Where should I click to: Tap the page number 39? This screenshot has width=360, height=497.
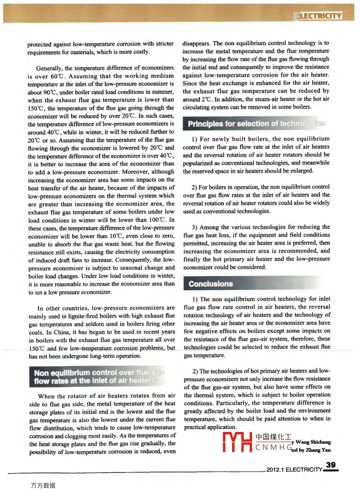click(x=331, y=465)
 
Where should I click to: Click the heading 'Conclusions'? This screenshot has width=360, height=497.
click(x=211, y=284)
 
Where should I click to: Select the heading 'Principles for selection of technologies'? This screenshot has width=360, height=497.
click(x=256, y=123)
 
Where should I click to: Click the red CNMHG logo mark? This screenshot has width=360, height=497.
click(x=237, y=442)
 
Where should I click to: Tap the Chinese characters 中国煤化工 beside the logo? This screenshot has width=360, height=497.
click(x=273, y=437)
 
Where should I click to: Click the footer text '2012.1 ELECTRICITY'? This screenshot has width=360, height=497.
click(x=294, y=469)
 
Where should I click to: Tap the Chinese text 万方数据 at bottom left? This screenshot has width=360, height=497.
click(x=43, y=485)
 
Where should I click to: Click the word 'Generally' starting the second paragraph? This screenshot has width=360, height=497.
click(x=49, y=68)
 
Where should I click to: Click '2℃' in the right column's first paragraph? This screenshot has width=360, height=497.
click(x=206, y=99)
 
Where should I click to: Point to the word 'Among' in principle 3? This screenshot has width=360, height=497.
click(x=209, y=227)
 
